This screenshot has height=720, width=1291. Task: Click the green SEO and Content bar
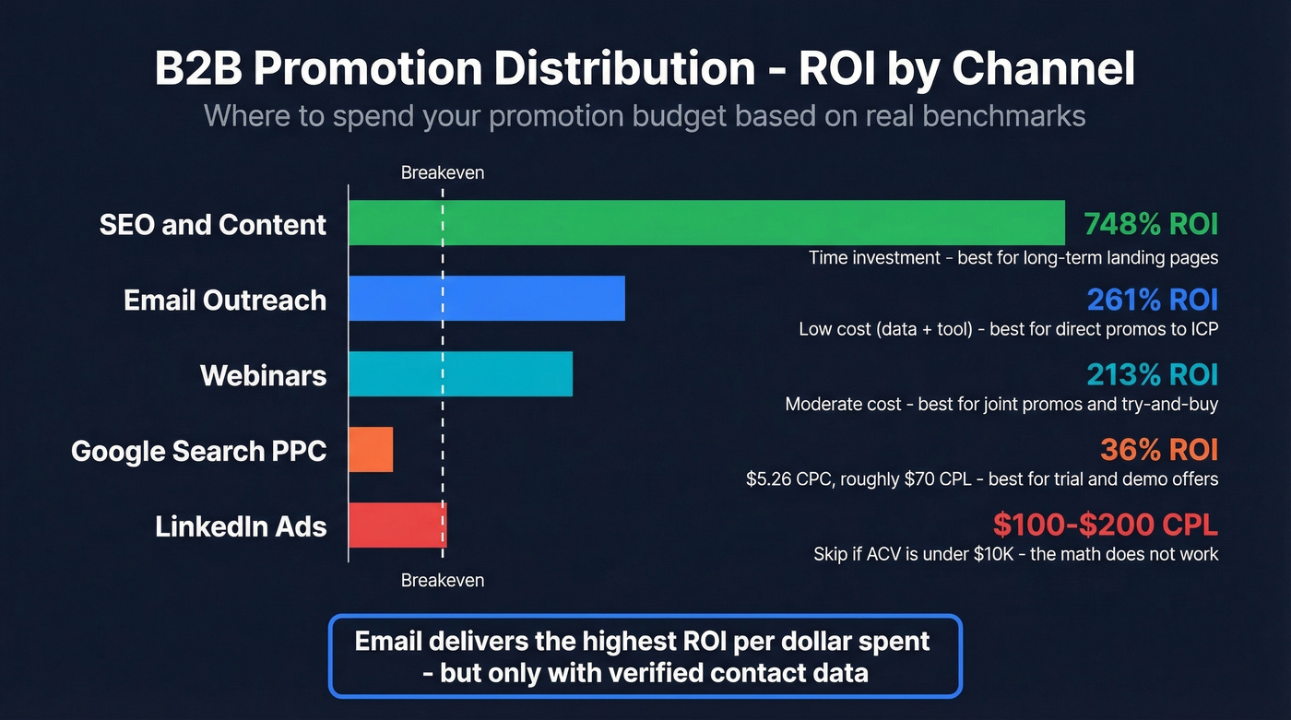pos(706,223)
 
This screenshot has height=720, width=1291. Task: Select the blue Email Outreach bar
pos(487,299)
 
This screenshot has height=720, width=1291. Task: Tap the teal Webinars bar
pos(460,374)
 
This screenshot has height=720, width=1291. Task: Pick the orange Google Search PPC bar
pos(371,450)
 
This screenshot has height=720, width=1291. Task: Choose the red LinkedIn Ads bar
pos(397,525)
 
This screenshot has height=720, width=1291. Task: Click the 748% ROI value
pos(1151,224)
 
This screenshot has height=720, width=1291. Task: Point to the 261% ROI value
pos(1153,300)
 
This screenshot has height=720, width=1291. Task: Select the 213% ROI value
pos(1153,375)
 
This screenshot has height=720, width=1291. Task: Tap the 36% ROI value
pos(1159,450)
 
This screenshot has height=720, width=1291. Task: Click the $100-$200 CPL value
pos(1106,525)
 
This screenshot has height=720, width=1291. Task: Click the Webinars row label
pos(263,375)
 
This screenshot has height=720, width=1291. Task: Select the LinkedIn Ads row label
pos(241,526)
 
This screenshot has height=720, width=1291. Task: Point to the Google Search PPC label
pos(198,451)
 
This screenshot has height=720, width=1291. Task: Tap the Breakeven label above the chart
pos(443,172)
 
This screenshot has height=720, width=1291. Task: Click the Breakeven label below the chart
pos(443,580)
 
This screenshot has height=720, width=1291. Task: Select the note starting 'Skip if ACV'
pos(1015,554)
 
